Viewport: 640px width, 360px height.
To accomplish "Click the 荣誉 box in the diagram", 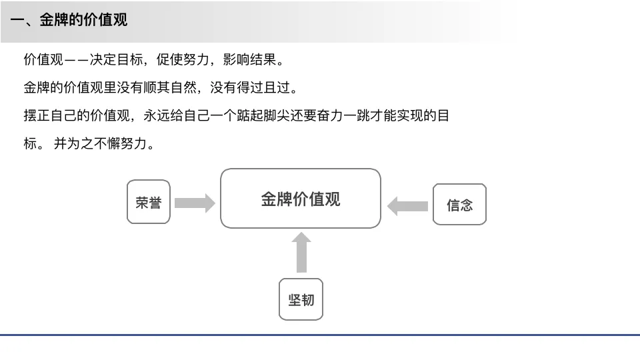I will pos(149,201).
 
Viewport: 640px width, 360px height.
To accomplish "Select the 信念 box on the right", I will pos(459,204).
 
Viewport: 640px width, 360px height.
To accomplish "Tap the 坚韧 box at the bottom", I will pos(301,299).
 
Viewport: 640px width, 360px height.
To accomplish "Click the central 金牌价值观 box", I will pos(301,199).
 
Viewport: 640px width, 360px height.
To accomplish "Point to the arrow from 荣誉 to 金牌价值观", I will pos(195,203).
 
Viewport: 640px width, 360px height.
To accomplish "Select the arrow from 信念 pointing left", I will pos(407,205).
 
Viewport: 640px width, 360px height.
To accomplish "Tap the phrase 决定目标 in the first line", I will pos(116,59).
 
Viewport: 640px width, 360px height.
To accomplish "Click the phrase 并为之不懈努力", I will pos(103,143).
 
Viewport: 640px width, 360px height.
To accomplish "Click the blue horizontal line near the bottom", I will pos(320,335).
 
